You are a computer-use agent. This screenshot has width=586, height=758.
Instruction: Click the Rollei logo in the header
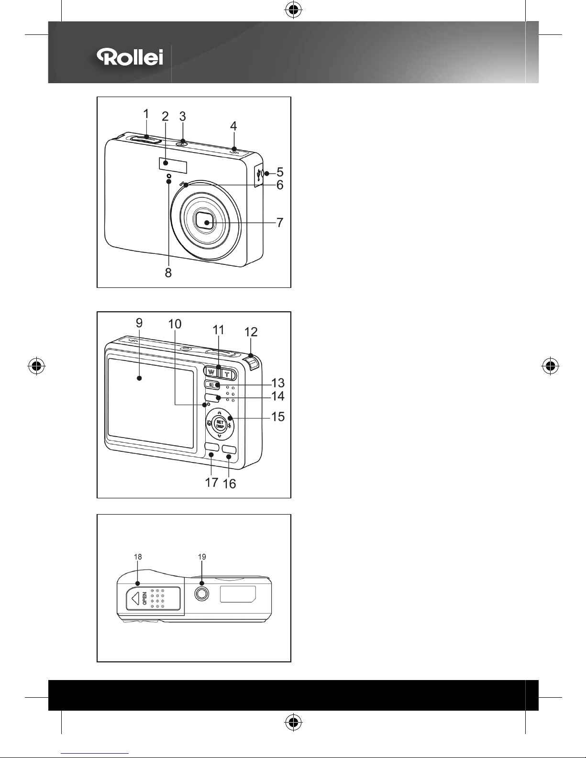[130, 57]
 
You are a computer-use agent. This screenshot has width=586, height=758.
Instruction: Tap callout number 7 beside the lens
[280, 222]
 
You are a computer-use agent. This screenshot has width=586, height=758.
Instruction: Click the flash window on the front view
[173, 165]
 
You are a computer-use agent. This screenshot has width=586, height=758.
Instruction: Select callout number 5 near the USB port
[280, 172]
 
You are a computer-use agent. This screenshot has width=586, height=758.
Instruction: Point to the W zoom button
[211, 372]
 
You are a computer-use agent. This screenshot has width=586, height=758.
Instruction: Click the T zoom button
[227, 374]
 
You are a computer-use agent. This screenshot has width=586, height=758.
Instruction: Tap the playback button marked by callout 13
[212, 385]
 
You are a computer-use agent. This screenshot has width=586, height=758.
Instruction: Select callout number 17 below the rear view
[211, 483]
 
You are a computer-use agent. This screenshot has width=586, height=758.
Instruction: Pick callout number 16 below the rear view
[230, 483]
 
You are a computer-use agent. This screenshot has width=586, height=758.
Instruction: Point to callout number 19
[202, 557]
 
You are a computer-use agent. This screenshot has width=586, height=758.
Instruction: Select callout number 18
[138, 557]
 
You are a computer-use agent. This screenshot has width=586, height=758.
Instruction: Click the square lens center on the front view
[205, 222]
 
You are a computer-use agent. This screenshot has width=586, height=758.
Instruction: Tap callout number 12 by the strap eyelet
[251, 332]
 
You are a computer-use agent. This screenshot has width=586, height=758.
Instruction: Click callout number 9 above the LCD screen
[139, 323]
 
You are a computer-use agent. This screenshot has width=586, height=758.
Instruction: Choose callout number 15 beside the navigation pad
[278, 417]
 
